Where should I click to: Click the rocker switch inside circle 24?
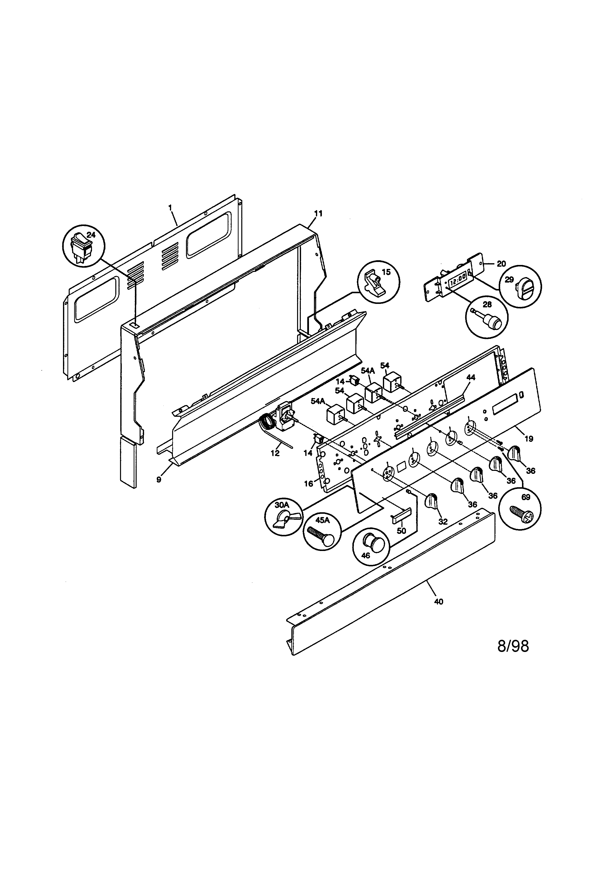click(x=82, y=247)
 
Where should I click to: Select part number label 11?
click(x=318, y=214)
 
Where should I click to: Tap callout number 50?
click(x=401, y=531)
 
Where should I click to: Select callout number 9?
click(x=159, y=479)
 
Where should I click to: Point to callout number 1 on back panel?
click(x=170, y=207)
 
